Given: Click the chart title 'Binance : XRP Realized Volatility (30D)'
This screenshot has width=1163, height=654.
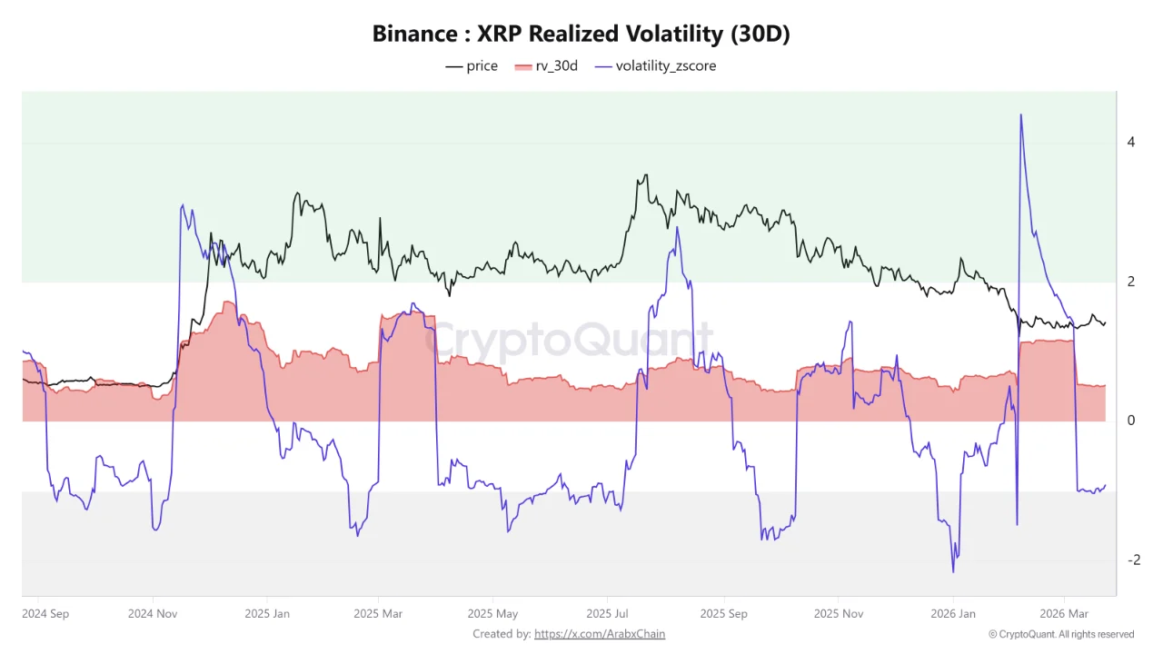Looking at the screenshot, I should point(581,34).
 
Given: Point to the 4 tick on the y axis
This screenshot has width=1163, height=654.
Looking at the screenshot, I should point(1131,142).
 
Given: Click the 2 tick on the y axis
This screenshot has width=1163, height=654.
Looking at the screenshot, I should point(1131,282).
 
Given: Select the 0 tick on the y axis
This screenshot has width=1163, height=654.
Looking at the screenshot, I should point(1131,421).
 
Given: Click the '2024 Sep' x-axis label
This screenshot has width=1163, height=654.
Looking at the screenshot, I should point(45,613).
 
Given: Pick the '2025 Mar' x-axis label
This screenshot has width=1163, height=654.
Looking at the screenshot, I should point(379,613).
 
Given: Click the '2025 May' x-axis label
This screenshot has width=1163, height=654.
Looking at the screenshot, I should point(493,613).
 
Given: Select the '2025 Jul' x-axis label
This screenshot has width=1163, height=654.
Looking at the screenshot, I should point(608,613).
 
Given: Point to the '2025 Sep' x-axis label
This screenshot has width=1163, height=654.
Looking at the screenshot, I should point(723,613).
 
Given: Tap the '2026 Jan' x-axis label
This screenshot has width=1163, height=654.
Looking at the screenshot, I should point(953,613).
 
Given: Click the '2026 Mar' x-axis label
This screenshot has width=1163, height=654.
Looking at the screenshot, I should point(1063,613).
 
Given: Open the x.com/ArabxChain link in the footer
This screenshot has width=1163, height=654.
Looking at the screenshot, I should point(600,634).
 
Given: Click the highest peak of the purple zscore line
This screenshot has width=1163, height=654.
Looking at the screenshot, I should point(1021,114).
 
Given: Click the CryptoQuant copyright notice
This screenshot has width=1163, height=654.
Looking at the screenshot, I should point(1060,634).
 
